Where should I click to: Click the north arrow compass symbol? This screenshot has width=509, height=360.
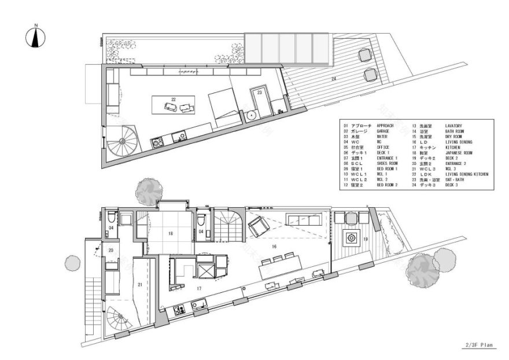click(36, 38)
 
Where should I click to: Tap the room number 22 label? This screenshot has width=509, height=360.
click(173, 100)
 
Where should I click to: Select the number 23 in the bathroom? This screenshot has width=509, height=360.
click(260, 93)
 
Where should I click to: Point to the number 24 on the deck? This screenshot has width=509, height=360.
click(334, 78)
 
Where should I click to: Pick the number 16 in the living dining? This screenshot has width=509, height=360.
click(274, 247)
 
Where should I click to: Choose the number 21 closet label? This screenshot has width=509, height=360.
click(140, 284)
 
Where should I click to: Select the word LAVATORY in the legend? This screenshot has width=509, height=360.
click(456, 125)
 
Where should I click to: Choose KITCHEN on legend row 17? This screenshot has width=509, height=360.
click(455, 147)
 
